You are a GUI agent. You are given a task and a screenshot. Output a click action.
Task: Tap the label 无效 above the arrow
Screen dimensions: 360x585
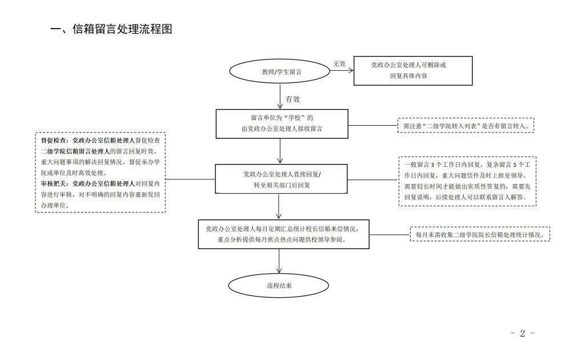pyautogui.click(x=339, y=64)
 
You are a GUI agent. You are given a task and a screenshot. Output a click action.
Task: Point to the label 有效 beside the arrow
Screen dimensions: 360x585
pyautogui.click(x=292, y=99)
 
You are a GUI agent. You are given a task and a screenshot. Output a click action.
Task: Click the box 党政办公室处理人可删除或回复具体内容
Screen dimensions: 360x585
pyautogui.click(x=413, y=70)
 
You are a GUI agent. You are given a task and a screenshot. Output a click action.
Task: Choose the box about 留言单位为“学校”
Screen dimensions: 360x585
pyautogui.click(x=281, y=123)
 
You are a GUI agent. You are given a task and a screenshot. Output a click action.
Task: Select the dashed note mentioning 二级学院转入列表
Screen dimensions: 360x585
pyautogui.click(x=466, y=125)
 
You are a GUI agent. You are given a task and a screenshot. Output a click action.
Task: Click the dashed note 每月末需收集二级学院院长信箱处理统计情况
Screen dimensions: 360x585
pyautogui.click(x=480, y=234)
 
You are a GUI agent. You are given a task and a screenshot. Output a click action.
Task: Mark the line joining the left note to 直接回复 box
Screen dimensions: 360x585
pyautogui.click(x=190, y=179)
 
